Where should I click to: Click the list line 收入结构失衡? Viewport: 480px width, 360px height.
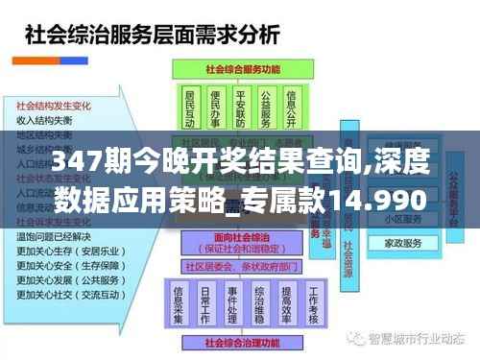click(44, 121)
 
